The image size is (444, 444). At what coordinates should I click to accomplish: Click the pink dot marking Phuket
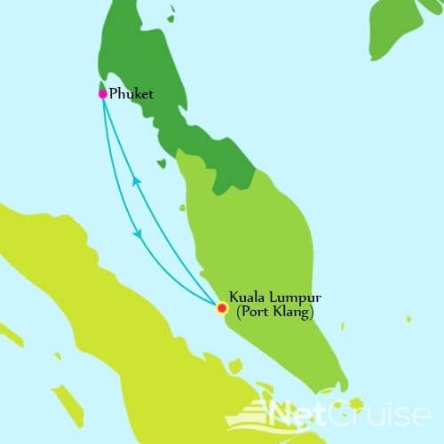103,93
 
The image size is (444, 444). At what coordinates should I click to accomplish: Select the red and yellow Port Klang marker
222,308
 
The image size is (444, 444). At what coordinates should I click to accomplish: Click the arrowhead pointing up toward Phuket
136,180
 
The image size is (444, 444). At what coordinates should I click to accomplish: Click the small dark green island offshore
162,163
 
